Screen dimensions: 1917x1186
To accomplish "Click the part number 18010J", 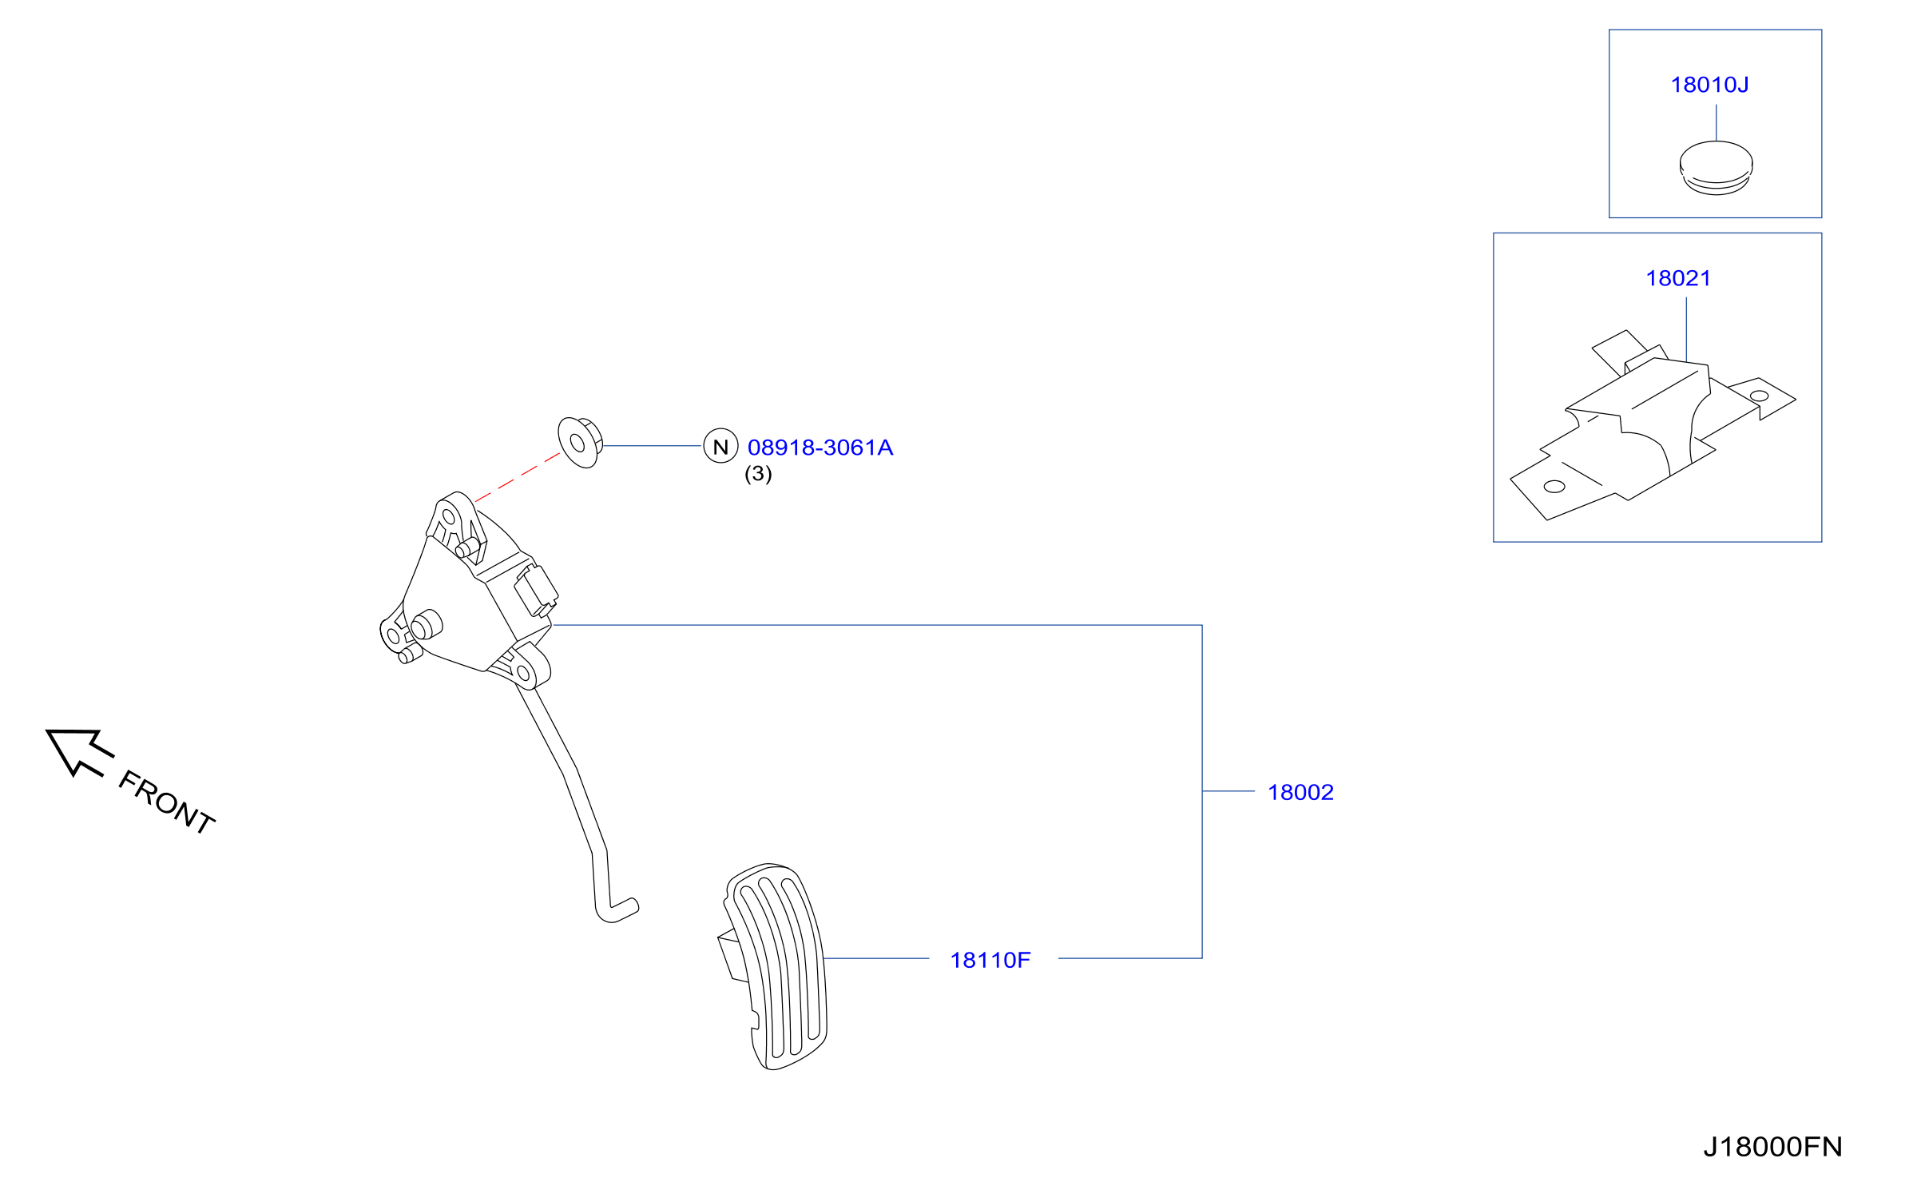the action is [x=1709, y=85].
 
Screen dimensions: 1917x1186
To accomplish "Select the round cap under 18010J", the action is [x=1716, y=168].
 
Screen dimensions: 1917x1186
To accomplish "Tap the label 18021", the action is [x=1678, y=278].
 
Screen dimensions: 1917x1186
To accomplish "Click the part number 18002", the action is [x=1300, y=792].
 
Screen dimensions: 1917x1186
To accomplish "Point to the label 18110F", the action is [x=990, y=960].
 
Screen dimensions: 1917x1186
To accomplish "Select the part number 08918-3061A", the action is [x=820, y=448].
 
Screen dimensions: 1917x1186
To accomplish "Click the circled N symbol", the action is [x=720, y=446].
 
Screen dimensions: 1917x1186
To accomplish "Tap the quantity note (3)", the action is [x=758, y=474].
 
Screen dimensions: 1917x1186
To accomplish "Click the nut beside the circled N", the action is [x=580, y=442].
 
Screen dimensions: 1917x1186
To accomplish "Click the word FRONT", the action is [x=167, y=802].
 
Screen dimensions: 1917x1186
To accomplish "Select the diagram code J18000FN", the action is [x=1772, y=1147].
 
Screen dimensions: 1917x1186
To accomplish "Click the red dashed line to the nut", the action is [x=518, y=478].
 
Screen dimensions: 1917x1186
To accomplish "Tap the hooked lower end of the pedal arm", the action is [x=617, y=909].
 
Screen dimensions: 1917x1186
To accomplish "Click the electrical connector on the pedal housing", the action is [x=536, y=591].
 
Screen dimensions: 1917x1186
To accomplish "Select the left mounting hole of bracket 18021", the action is [x=1554, y=487].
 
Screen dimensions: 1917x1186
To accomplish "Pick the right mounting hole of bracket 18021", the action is [x=1759, y=396].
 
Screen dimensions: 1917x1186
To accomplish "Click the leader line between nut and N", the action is [x=653, y=445].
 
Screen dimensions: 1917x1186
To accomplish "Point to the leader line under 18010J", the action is [x=1716, y=122].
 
